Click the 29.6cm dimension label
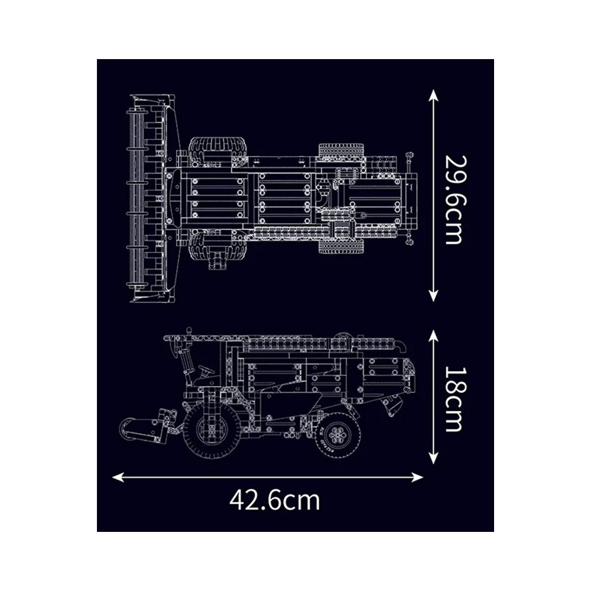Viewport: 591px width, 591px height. [453, 200]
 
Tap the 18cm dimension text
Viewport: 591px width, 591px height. [453, 399]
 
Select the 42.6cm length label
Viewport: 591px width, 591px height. [274, 500]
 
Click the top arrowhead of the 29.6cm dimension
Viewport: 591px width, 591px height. [433, 95]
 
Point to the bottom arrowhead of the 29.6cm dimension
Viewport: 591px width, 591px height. [433, 296]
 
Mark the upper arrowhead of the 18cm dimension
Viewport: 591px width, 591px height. [433, 336]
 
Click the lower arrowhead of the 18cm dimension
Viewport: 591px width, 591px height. [433, 459]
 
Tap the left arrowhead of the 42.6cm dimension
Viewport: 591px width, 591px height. [118, 477]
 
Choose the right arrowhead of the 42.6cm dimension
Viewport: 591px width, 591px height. [417, 477]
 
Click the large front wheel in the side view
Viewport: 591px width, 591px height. [212, 431]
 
